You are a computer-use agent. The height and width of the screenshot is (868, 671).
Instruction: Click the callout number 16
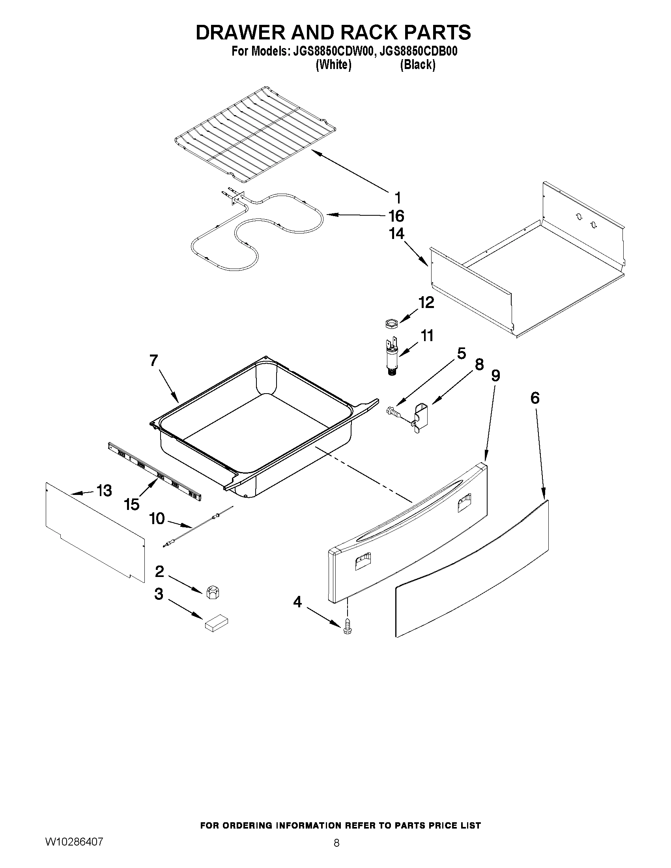click(x=396, y=216)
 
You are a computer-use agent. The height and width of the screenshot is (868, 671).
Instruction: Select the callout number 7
click(x=154, y=360)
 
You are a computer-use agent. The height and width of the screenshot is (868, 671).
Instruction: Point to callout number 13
click(x=104, y=491)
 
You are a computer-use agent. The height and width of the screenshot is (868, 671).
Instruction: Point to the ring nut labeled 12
click(x=391, y=323)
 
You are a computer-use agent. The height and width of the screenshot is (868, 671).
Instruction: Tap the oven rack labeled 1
click(x=254, y=135)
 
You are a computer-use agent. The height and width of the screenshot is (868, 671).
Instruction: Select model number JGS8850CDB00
click(x=418, y=52)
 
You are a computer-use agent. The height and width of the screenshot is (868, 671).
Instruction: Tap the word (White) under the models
click(x=333, y=65)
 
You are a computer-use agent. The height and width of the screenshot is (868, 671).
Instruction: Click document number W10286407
click(x=74, y=842)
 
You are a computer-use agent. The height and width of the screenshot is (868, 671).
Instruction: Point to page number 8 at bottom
click(x=336, y=843)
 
